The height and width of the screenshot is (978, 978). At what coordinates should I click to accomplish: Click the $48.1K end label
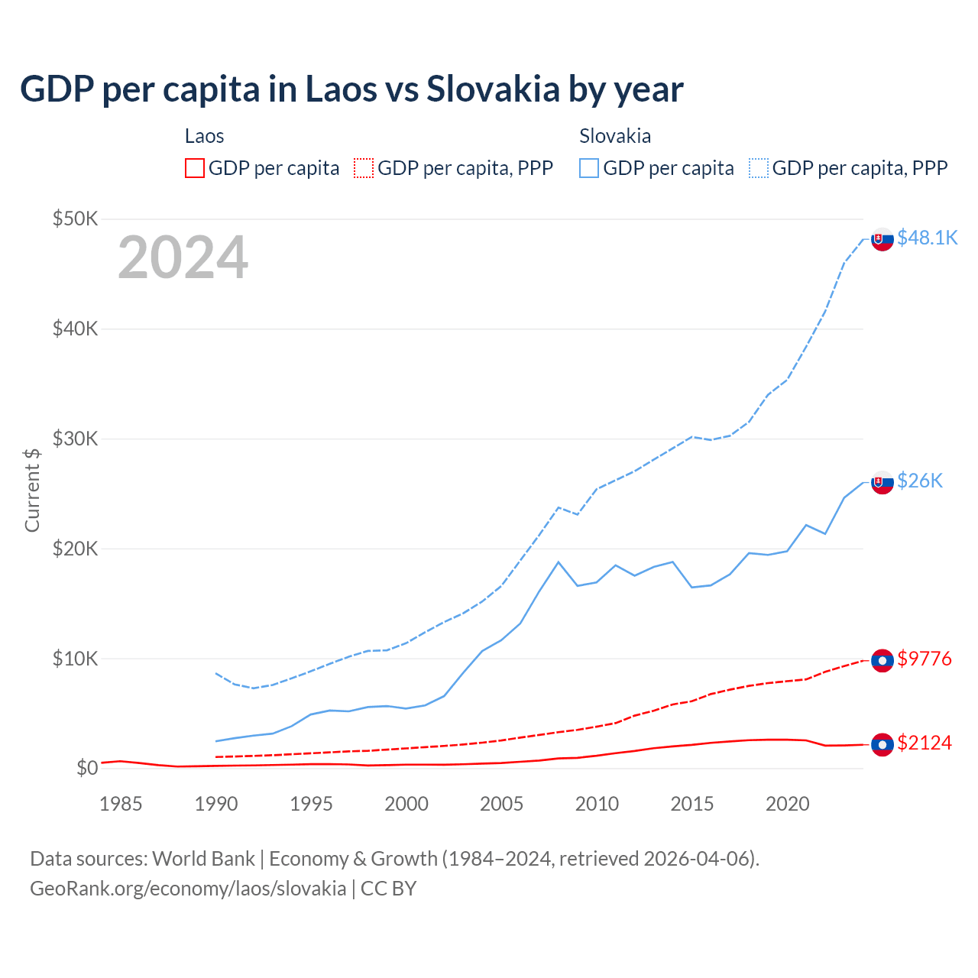point(927,238)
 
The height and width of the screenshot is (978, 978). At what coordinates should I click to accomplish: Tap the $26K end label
point(920,480)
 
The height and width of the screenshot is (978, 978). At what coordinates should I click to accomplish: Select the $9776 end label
point(925,659)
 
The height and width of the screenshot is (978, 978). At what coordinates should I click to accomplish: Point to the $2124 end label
point(925,743)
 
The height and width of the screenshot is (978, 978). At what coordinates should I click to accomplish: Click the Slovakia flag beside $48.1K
point(882,239)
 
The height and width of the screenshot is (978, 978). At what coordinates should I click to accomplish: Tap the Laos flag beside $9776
point(882,660)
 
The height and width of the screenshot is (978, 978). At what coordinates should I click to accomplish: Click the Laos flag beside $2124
point(882,744)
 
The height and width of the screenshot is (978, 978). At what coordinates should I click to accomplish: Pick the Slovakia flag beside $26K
point(882,482)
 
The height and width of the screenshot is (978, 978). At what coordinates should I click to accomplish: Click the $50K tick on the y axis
point(76,219)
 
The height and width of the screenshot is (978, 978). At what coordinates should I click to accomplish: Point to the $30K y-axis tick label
point(76,439)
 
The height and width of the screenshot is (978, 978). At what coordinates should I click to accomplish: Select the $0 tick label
point(87,768)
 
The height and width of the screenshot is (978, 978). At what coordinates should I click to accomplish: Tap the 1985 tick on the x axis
point(121,804)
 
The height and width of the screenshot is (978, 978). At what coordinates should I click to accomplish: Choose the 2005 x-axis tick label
point(501,804)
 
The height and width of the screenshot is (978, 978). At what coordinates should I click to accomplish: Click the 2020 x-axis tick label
point(787,804)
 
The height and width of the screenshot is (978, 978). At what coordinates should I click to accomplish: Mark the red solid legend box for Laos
point(195,168)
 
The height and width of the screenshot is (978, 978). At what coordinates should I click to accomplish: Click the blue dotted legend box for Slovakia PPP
point(759,168)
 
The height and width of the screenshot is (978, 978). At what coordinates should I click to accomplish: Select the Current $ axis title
point(32,490)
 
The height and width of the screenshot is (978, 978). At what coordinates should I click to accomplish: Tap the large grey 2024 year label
point(183,257)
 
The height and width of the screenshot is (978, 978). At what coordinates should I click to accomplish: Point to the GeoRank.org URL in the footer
point(188,889)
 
